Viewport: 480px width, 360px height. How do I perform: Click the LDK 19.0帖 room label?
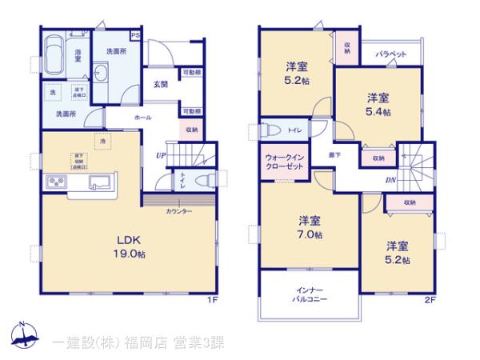[128, 246]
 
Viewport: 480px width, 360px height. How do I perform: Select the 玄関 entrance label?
[161, 84]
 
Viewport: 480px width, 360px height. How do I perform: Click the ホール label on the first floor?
[142, 117]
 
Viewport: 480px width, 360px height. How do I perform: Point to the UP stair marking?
[162, 154]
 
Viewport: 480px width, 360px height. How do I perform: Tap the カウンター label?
[179, 211]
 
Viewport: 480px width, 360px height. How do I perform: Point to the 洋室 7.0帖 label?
[310, 227]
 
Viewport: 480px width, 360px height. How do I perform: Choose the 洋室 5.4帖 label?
[378, 105]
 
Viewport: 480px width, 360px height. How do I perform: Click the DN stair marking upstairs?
[390, 180]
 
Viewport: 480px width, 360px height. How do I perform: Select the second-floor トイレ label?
[294, 130]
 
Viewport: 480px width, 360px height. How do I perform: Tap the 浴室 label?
[78, 54]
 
